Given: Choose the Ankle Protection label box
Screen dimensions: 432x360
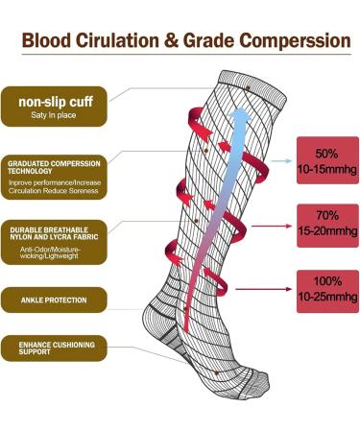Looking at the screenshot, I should [x=60, y=300].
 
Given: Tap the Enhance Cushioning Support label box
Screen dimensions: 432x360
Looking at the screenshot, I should [x=60, y=348].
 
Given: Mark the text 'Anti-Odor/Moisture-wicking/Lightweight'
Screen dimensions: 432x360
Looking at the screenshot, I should [x=60, y=254].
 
